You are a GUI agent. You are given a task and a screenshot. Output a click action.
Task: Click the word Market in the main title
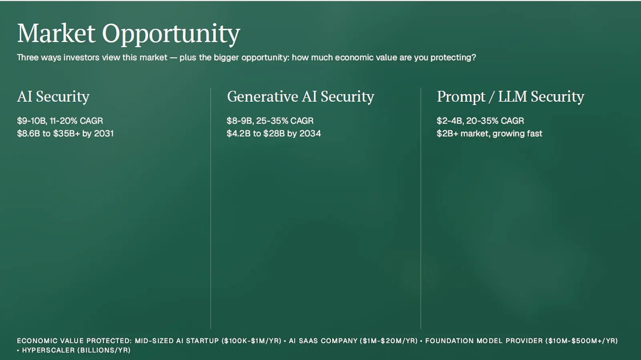[x=56, y=33]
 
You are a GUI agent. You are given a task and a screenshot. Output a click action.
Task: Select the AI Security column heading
[x=53, y=97]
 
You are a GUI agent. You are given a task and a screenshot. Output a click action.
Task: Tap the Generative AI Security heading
[x=300, y=97]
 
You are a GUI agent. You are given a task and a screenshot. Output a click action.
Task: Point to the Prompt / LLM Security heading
[x=510, y=97]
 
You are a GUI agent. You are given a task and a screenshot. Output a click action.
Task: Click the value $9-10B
[x=32, y=121]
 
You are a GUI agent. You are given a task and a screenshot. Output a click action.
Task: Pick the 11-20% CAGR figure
[x=77, y=121]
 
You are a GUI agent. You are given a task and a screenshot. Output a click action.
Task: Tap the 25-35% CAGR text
[x=285, y=121]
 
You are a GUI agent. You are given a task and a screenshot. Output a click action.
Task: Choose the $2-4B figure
[x=450, y=121]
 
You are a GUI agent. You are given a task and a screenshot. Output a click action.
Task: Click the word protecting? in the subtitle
[x=453, y=58]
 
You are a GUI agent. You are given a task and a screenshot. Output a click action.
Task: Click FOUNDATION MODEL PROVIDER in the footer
[x=484, y=341]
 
